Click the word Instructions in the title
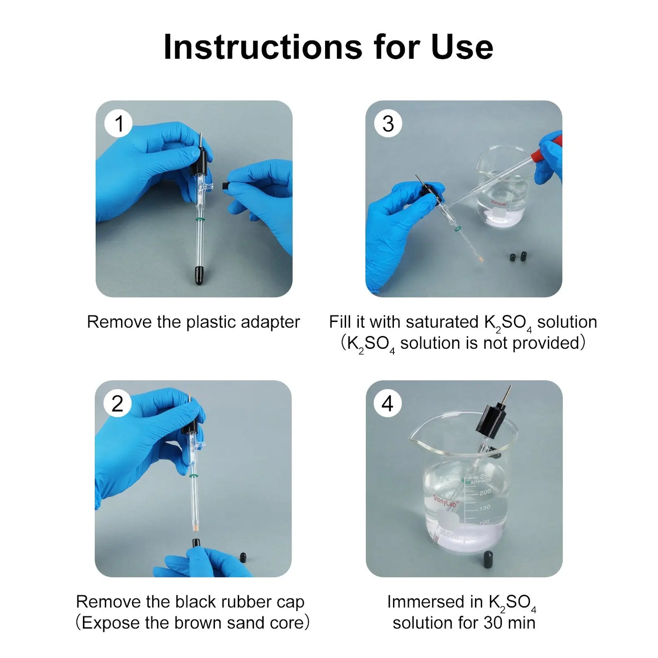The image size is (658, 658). click(x=263, y=47)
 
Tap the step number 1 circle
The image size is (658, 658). click(x=118, y=123)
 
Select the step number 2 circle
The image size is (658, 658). click(x=117, y=403)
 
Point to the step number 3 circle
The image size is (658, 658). click(x=388, y=123)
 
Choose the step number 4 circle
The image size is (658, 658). click(x=388, y=403)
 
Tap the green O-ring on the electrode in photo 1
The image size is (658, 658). click(x=199, y=219)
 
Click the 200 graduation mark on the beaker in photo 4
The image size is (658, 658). click(x=485, y=492)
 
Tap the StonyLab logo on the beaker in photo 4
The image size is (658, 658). click(x=445, y=501)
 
